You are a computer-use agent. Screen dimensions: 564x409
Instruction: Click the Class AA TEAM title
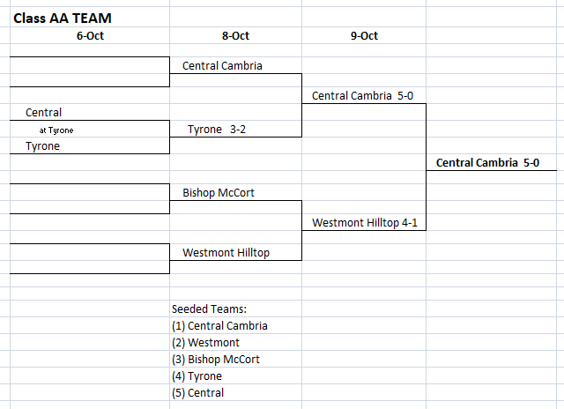63,18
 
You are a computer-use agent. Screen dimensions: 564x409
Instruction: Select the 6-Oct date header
90,35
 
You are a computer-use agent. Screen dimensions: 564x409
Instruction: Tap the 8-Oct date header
235,35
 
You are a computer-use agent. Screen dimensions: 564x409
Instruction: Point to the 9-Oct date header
364,35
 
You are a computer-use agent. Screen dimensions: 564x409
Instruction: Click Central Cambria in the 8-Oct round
222,66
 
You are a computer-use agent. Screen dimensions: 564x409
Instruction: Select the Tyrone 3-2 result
217,130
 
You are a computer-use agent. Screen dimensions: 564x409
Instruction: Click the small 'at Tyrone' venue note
56,130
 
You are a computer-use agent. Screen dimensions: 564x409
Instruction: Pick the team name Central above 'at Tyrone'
43,112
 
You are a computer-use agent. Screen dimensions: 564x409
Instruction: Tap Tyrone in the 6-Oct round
42,146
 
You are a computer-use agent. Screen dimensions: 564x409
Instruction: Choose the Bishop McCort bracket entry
219,193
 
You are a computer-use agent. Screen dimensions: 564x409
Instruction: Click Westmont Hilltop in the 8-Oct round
226,252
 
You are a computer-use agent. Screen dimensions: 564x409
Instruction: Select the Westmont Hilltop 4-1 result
365,223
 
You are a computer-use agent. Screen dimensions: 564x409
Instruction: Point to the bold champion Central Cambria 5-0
487,162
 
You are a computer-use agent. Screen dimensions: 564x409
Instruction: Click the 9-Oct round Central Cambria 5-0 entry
362,96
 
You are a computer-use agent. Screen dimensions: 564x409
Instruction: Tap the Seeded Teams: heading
209,309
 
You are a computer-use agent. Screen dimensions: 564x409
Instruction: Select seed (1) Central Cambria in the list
219,326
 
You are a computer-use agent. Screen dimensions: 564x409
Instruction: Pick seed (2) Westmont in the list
205,343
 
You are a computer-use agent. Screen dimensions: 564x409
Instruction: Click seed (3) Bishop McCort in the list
215,360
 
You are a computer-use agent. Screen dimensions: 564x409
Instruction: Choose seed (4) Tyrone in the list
197,376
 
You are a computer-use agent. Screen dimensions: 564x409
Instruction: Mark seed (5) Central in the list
197,393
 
